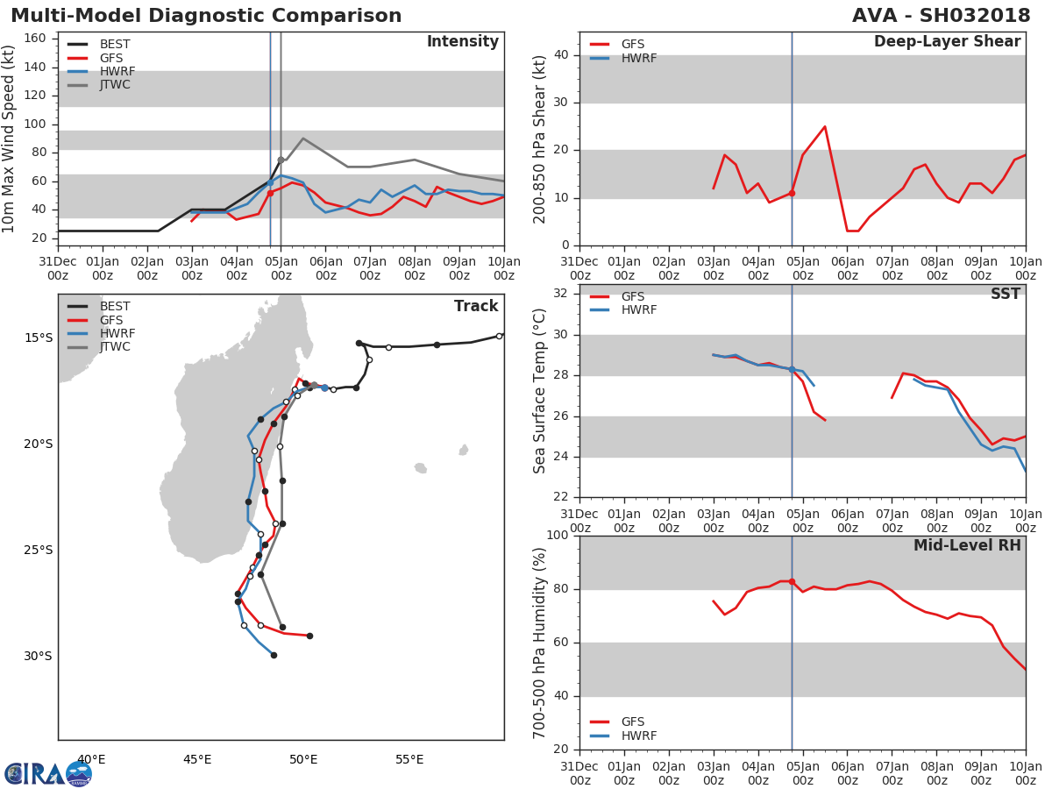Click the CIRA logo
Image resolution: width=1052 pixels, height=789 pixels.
pos(48,774)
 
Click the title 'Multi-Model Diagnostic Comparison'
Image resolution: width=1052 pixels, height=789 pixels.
pos(206,15)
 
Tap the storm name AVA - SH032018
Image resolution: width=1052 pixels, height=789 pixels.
pos(941,15)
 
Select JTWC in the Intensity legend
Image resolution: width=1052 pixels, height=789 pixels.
pos(115,85)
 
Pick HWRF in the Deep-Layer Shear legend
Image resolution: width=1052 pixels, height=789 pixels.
pos(639,58)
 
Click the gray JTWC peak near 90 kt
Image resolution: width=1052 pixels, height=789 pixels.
pos(303,139)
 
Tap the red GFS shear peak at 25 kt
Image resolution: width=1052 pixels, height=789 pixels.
pos(825,126)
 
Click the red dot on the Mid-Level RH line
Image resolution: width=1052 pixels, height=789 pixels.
pos(792,581)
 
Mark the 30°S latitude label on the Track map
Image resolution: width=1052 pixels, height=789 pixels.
pos(38,656)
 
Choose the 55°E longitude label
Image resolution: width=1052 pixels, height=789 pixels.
pos(409,759)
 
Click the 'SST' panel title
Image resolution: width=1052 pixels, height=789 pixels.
pos(1005,294)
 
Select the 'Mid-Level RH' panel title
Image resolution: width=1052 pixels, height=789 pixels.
pos(967,545)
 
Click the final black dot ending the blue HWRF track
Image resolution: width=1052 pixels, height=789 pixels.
pos(274,656)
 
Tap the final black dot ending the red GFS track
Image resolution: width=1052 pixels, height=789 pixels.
pos(309,636)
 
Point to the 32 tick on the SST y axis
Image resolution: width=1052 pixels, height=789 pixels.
pos(561,294)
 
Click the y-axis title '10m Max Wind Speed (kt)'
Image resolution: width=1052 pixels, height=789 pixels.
pos(8,139)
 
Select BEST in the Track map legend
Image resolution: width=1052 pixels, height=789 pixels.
pos(115,306)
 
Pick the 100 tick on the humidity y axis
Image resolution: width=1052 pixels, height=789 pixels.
pos(558,535)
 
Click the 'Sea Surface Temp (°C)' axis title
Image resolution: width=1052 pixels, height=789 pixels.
pos(539,391)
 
